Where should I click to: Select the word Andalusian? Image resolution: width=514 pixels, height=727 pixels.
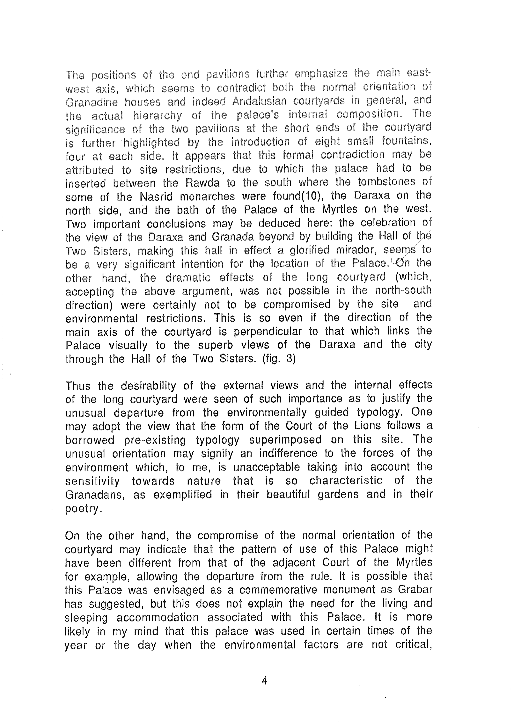click(x=268, y=101)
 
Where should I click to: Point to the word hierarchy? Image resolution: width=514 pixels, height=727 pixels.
click(x=157, y=116)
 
